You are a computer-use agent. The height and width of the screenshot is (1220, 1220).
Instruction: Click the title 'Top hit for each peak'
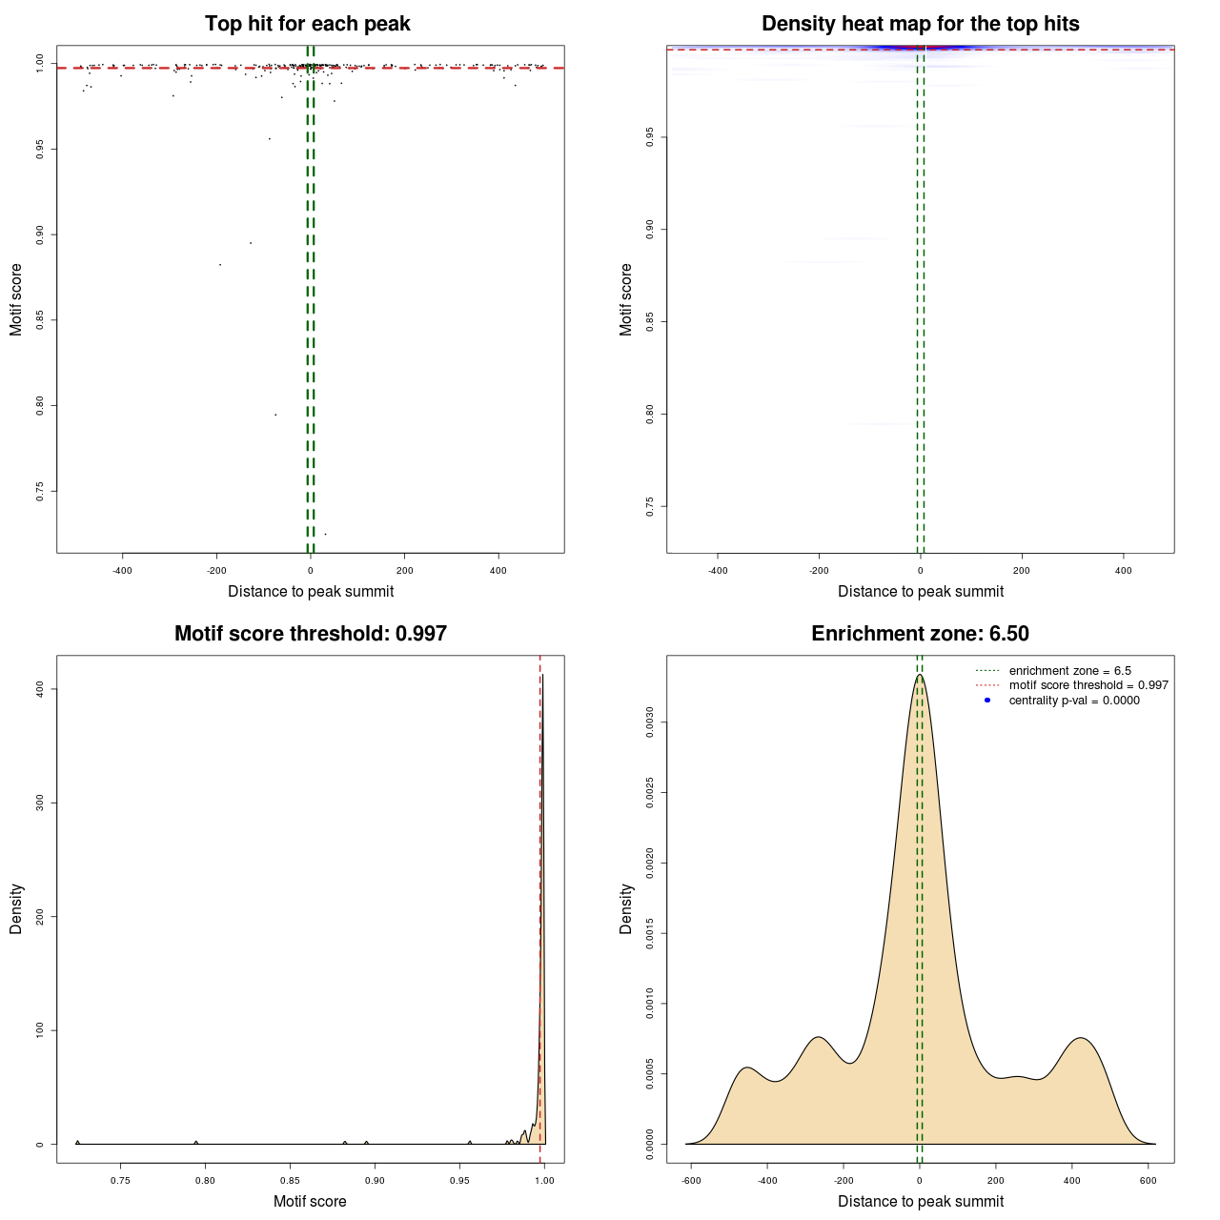307,24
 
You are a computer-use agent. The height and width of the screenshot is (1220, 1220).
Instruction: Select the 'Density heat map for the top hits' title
920,24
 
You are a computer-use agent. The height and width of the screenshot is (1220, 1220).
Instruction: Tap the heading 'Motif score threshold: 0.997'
310,634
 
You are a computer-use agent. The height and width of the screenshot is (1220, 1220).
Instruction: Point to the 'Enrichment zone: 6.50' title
920,634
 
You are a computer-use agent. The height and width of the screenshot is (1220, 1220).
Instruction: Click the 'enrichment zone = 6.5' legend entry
1069,671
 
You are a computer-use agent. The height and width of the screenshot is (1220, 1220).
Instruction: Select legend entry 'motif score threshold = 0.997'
1088,685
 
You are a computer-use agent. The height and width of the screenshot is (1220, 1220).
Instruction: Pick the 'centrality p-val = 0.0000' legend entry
1074,701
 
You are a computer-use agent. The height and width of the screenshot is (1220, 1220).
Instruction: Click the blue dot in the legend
987,701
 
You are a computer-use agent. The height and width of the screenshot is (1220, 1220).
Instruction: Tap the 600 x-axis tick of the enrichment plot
1148,1180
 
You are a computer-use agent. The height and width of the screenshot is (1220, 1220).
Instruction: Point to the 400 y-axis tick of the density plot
39,688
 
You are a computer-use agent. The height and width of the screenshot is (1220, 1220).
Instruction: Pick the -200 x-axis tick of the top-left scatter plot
216,570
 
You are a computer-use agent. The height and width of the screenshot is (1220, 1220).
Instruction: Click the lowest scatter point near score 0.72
325,534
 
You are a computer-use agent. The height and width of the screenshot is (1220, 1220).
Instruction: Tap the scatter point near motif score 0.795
275,415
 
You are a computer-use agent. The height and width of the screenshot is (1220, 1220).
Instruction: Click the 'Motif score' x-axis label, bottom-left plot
310,1201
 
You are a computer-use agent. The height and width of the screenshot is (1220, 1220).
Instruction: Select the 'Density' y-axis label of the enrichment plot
626,908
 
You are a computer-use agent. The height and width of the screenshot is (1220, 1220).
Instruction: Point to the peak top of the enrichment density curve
920,675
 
